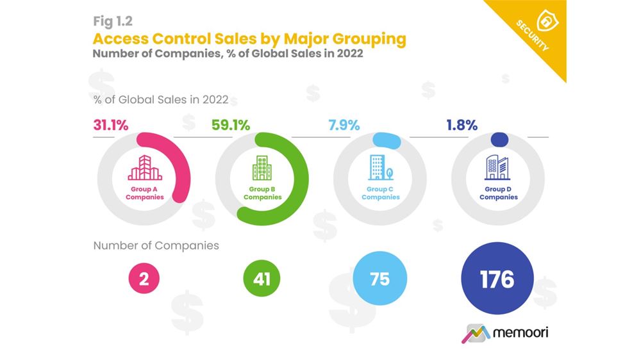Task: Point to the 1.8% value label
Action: [462, 126]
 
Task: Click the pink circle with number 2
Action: [144, 280]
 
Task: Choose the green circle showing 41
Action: [262, 280]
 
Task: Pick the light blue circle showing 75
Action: [379, 280]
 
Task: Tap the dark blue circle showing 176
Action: [497, 280]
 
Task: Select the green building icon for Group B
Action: [262, 168]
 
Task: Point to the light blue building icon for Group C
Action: [379, 168]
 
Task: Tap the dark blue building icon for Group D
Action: [497, 168]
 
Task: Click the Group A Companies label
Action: [144, 193]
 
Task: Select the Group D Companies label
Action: [498, 193]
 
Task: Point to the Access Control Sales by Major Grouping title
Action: [249, 38]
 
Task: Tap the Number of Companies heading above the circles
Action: [156, 245]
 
